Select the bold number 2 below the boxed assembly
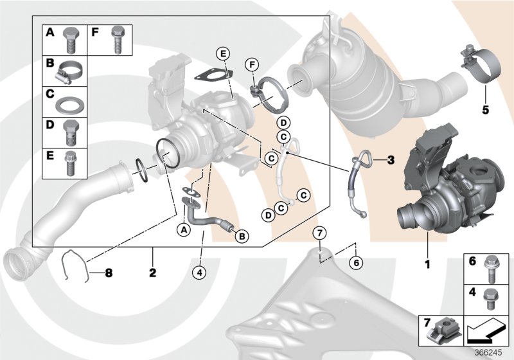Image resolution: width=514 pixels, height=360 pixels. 153,273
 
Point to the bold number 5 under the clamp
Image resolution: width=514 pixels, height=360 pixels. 486,109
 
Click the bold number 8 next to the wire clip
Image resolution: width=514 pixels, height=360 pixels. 108,273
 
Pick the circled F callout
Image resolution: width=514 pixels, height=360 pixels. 253,64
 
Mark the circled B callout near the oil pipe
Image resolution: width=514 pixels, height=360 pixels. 242,237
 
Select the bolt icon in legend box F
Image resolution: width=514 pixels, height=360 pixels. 116,38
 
